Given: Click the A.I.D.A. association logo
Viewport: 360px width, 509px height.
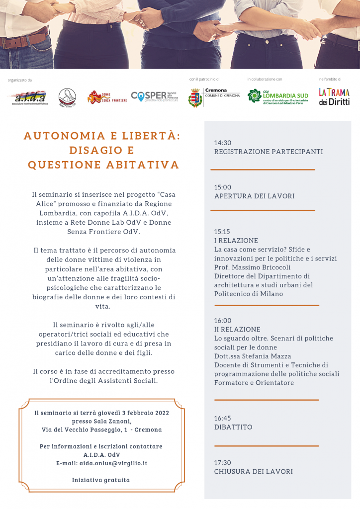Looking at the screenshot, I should [30, 96].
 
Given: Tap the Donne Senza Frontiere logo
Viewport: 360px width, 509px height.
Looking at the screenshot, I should [107, 97].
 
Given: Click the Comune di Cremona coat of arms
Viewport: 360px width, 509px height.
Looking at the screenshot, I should [195, 97].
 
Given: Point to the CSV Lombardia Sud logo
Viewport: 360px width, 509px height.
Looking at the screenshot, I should [278, 96].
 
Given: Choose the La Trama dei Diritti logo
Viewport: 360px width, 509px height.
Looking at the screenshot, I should [334, 96].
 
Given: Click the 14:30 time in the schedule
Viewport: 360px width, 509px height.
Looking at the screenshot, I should [223, 143].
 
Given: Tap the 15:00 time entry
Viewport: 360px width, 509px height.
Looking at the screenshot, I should [223, 187].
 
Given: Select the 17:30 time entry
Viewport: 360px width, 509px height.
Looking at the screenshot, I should [223, 462].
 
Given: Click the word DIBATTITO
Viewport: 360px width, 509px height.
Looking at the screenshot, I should [233, 427].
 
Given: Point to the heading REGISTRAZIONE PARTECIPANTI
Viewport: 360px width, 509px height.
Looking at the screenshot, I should [269, 152].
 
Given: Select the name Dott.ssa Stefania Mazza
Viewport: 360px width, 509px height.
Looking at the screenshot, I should [252, 356].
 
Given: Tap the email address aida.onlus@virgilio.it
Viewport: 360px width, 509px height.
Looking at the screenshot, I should [115, 463].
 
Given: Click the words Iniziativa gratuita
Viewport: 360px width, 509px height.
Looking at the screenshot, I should [101, 480].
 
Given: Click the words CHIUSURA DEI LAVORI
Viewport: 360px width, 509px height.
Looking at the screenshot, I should [253, 471].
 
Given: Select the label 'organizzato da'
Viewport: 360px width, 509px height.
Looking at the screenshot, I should [20, 80].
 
